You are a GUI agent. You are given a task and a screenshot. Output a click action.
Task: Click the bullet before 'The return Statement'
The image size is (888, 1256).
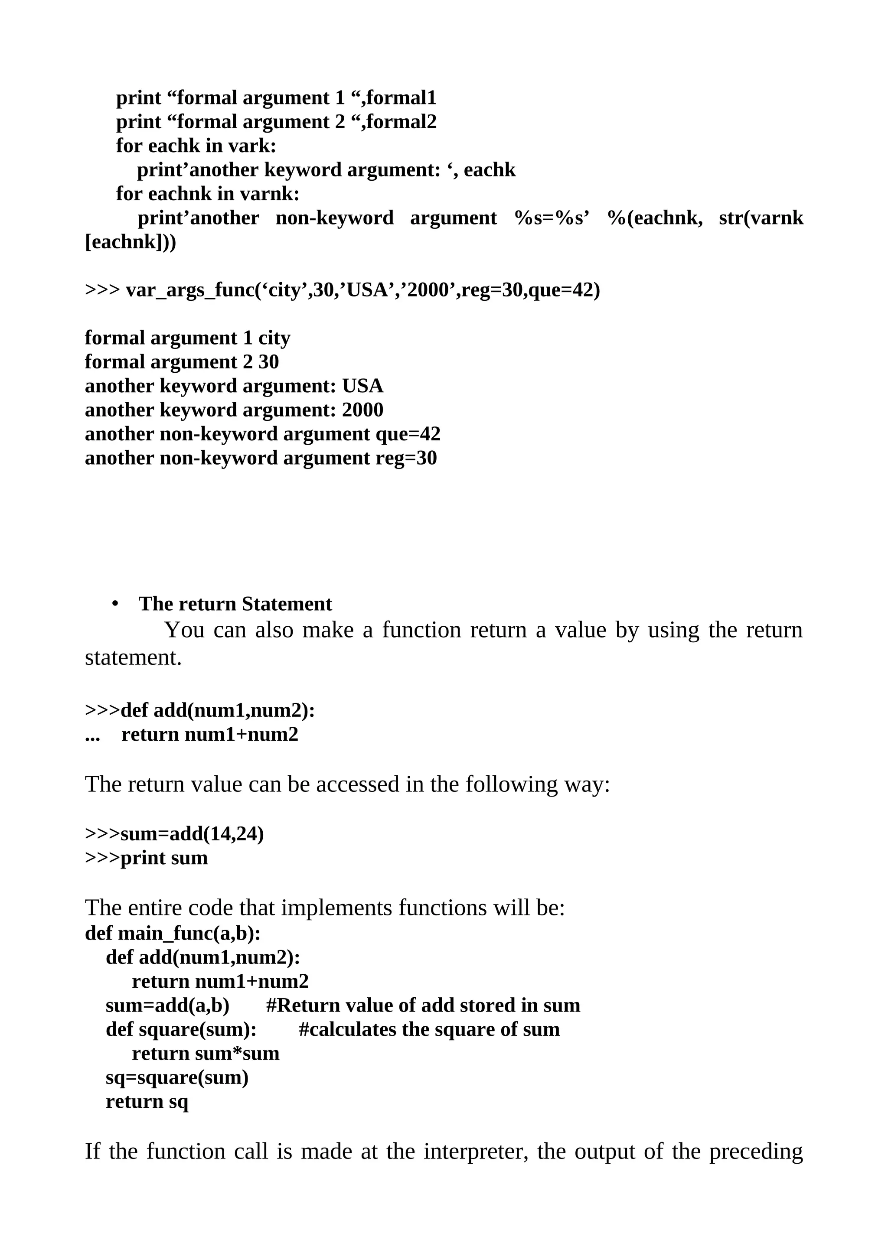[115, 604]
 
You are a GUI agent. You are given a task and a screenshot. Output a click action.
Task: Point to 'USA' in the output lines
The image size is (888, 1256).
[363, 386]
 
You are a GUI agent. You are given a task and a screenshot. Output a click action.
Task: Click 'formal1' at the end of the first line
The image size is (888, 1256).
[401, 98]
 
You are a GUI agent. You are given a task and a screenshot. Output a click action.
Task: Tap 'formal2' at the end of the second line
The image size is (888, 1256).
[401, 122]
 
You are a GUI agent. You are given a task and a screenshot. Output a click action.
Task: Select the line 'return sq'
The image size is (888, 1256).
[147, 1102]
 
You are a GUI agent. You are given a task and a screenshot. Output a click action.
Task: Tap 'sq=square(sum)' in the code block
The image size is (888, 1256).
[177, 1078]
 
